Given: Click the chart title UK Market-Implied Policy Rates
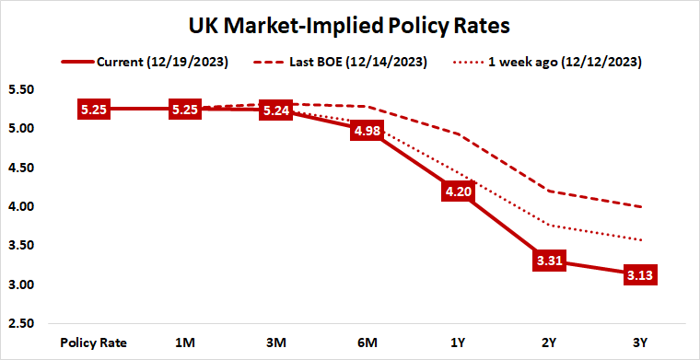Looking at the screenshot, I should [x=350, y=25].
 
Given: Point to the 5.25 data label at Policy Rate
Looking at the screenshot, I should [x=93, y=110].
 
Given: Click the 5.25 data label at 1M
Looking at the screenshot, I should [x=184, y=110].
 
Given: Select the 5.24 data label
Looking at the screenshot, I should [x=274, y=110].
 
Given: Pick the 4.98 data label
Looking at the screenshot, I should [x=366, y=131].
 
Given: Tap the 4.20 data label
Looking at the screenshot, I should [x=456, y=192].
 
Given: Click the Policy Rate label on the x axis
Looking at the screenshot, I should [x=93, y=343].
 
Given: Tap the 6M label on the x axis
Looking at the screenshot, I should [x=366, y=343].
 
